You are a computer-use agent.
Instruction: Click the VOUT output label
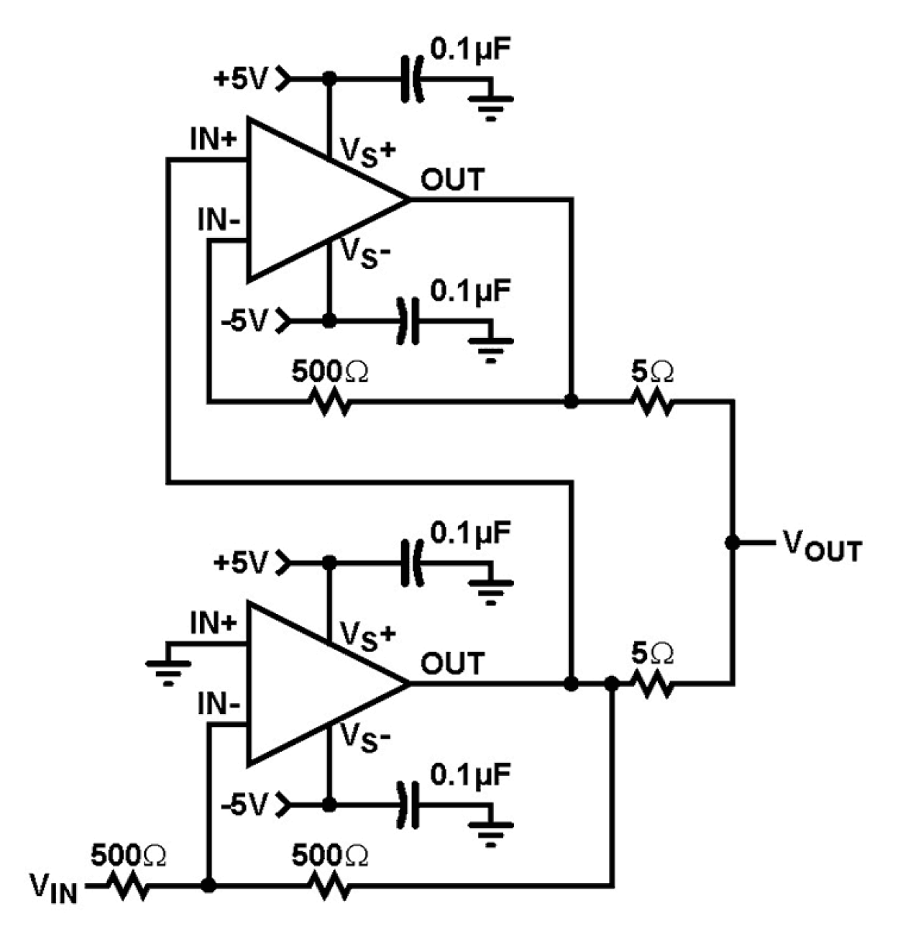[822, 546]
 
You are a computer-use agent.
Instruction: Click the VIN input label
[52, 886]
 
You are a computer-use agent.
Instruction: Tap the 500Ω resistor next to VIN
[129, 886]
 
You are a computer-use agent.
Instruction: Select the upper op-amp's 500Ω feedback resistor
[330, 401]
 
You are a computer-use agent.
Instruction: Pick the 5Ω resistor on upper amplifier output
[652, 401]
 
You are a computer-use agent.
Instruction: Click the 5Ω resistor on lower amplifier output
[652, 683]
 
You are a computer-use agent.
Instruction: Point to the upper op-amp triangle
[316, 199]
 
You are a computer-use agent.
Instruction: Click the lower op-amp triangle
[316, 683]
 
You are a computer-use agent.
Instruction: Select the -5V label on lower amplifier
[244, 803]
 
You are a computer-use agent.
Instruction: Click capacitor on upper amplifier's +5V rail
[411, 78]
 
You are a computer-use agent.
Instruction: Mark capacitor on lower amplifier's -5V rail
[411, 803]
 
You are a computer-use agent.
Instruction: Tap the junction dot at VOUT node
[733, 542]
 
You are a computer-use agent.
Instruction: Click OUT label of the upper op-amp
[452, 180]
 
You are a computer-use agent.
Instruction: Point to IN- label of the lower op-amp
[219, 705]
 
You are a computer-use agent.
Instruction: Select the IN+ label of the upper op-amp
[213, 139]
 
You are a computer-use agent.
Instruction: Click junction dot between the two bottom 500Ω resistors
[208, 886]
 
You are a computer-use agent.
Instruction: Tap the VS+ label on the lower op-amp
[367, 636]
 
